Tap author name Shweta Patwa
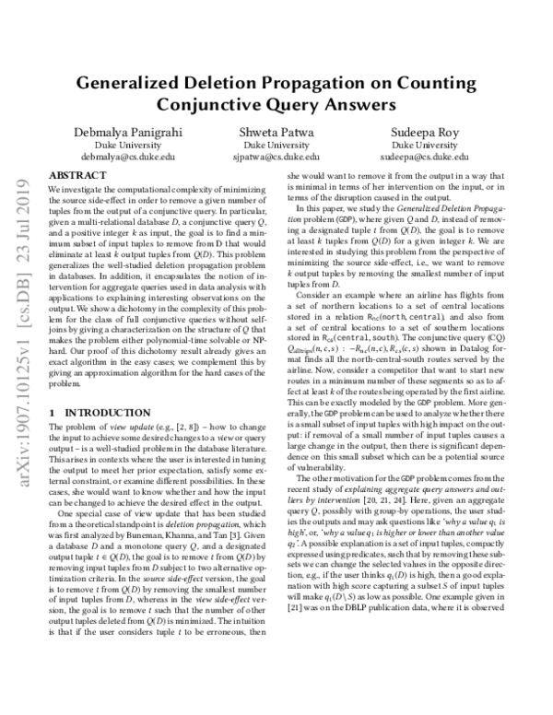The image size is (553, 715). coord(276,133)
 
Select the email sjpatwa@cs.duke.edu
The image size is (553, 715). coord(276,158)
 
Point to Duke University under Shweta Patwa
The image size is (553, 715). coord(276,146)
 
